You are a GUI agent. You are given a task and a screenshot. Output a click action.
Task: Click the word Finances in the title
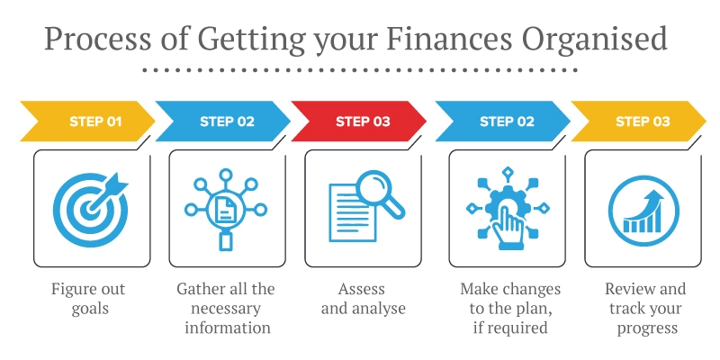pyautogui.click(x=448, y=40)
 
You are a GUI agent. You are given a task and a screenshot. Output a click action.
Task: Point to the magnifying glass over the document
pyautogui.click(x=378, y=192)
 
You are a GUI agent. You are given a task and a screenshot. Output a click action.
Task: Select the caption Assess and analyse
pyautogui.click(x=362, y=299)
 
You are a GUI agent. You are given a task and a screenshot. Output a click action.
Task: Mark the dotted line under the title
pyautogui.click(x=360, y=69)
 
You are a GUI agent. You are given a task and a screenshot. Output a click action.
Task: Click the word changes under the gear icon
pyautogui.click(x=529, y=289)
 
